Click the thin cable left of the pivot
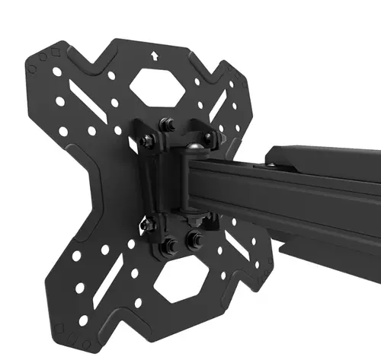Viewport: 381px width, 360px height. click(142, 183)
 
